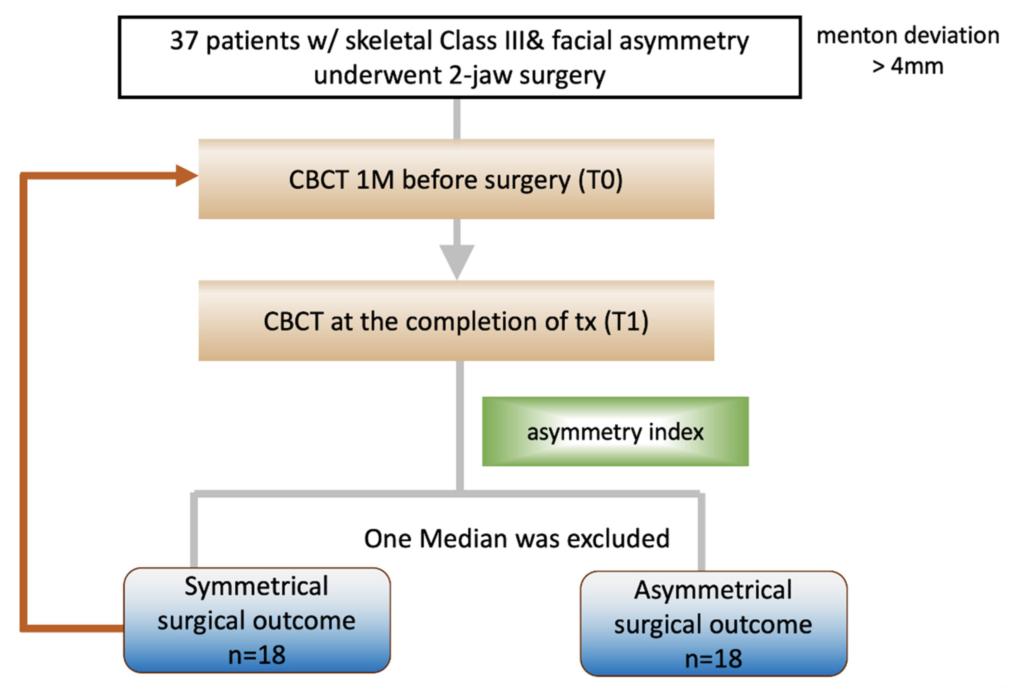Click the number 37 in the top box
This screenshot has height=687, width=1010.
point(184,41)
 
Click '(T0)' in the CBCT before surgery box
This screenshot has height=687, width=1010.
point(600,180)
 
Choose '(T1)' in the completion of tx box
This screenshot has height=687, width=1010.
point(626,322)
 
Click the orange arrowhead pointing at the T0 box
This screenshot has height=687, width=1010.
point(186,176)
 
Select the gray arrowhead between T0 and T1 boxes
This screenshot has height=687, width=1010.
point(457,260)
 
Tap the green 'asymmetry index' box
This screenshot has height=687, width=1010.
point(615,432)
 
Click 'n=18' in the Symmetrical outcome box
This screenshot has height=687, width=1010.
point(257,655)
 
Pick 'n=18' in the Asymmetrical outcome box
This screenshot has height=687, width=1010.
point(713,659)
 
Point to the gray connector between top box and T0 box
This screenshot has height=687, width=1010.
point(457,119)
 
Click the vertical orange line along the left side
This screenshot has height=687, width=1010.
point(24,400)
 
